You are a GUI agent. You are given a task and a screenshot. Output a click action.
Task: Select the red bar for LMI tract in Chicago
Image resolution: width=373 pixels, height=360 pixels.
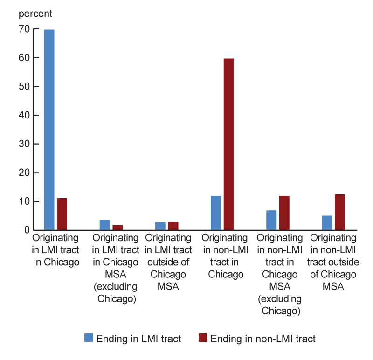(x=62, y=214)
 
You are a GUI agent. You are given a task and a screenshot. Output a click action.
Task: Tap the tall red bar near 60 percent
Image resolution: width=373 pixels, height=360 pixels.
(x=229, y=144)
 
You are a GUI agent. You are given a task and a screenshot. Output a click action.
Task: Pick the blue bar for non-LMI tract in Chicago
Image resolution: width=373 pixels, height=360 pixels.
(x=216, y=213)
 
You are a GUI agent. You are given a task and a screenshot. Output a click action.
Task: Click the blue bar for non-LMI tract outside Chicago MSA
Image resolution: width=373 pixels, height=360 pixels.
(x=327, y=223)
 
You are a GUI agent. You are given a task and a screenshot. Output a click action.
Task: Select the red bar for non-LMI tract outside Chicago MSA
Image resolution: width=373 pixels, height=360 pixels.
(x=340, y=212)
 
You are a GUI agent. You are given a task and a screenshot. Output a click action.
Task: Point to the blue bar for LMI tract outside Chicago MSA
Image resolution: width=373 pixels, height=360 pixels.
(x=160, y=226)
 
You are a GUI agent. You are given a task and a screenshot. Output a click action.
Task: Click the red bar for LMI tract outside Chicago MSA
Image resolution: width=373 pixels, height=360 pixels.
(x=173, y=226)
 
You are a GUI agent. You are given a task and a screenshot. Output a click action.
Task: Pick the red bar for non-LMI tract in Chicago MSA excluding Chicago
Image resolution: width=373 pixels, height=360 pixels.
(x=284, y=213)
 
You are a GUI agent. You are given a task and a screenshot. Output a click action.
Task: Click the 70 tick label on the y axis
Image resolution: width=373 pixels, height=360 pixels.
(x=24, y=29)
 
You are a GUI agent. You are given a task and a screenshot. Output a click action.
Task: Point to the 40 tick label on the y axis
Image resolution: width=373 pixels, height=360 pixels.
(x=24, y=115)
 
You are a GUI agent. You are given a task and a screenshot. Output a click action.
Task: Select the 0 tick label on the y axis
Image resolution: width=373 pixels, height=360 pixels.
(x=27, y=230)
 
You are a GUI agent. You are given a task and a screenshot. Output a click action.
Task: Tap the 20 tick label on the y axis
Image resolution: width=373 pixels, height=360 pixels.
(x=24, y=173)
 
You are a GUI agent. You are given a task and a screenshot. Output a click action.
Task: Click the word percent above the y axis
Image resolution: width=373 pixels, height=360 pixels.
(x=35, y=13)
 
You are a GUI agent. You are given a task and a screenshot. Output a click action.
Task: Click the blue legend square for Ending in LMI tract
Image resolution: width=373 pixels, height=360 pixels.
(x=88, y=338)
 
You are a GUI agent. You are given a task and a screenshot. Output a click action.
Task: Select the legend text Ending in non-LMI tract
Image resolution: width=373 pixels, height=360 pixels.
(x=263, y=339)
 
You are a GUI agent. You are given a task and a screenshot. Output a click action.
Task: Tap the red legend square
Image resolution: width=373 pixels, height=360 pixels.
(x=203, y=338)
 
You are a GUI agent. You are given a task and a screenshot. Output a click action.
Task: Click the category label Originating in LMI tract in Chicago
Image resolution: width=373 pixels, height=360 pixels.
(x=56, y=249)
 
